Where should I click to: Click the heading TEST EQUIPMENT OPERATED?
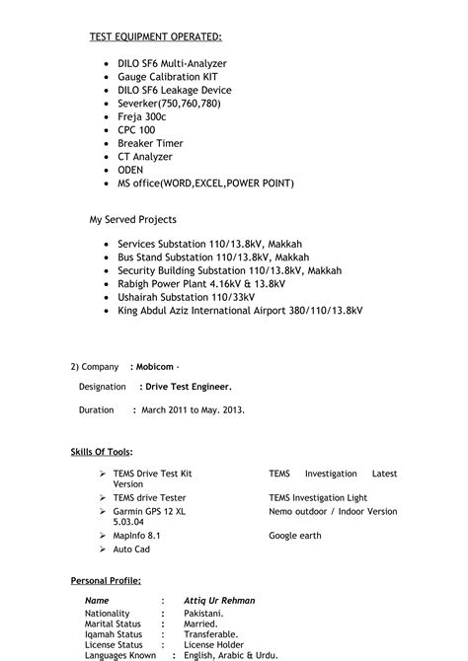[x=156, y=37]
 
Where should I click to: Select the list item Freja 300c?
[x=144, y=116]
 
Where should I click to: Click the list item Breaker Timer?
[x=150, y=143]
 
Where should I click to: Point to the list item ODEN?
[x=130, y=170]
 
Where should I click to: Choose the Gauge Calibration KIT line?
[x=168, y=76]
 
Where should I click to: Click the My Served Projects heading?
[x=133, y=218]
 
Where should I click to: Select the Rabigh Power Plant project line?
[x=201, y=283]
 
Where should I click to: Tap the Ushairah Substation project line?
[x=186, y=296]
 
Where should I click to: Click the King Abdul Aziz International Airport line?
[x=240, y=310]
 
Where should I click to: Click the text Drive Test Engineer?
[x=186, y=387]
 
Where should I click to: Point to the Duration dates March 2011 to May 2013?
[x=194, y=408]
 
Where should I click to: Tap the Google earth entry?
[x=294, y=535]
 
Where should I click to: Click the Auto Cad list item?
[x=131, y=549]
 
